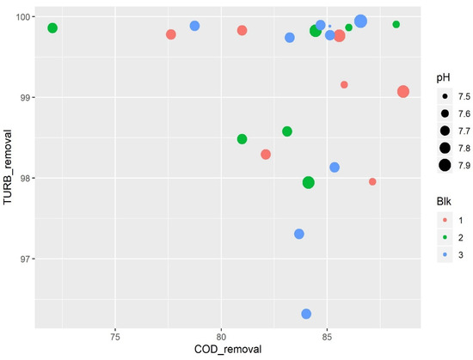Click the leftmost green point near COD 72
pyautogui.click(x=52, y=28)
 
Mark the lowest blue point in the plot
pyautogui.click(x=306, y=314)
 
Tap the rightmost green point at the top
pyautogui.click(x=396, y=24)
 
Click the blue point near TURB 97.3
pyautogui.click(x=299, y=234)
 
